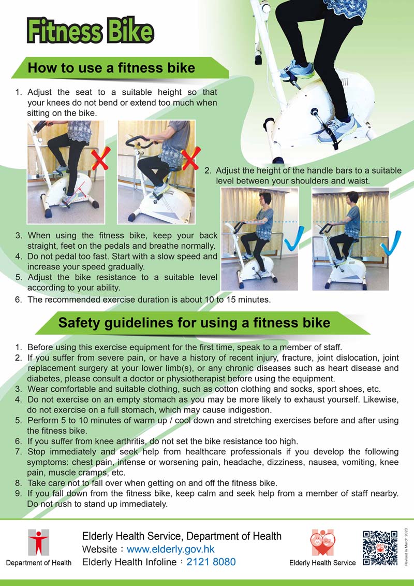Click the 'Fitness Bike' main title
click(91, 31)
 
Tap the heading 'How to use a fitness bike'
click(111, 68)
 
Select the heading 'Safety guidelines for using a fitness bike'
click(194, 323)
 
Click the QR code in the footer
click(380, 548)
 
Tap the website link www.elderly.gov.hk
click(170, 549)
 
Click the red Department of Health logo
click(38, 542)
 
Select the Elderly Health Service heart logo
click(323, 542)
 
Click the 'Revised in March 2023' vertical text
click(407, 548)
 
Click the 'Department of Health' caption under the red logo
click(38, 563)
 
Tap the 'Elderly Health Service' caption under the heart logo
click(322, 563)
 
